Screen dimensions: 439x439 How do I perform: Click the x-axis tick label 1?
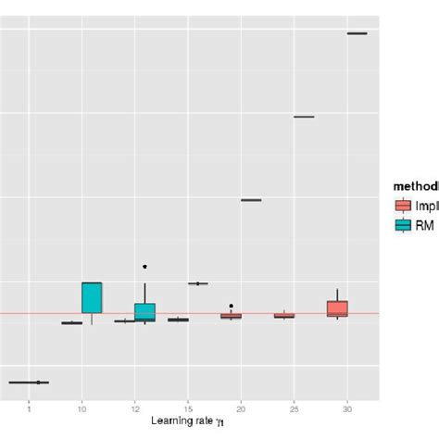[x=29, y=408]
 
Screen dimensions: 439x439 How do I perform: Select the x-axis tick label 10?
[x=82, y=408]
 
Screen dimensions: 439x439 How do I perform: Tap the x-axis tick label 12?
[x=135, y=408]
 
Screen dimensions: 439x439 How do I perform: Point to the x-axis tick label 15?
[x=188, y=408]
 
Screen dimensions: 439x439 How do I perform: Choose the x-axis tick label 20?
[x=241, y=408]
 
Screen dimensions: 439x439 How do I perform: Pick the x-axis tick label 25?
[x=294, y=408]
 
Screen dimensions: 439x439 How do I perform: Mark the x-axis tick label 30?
[x=347, y=408]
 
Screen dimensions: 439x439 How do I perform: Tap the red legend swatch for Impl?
[x=403, y=207]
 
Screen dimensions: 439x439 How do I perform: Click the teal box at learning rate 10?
[x=92, y=297]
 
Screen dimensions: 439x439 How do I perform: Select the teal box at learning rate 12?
[x=144, y=311]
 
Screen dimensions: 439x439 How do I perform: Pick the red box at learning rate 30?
[x=337, y=308]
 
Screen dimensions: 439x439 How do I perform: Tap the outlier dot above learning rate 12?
[x=144, y=267]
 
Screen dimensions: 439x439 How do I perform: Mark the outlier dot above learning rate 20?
[x=231, y=306]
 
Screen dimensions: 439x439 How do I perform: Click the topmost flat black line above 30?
[x=357, y=33]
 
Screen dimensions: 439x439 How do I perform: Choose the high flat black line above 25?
[x=304, y=117]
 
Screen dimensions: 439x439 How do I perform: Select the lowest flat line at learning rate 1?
[x=29, y=382]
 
